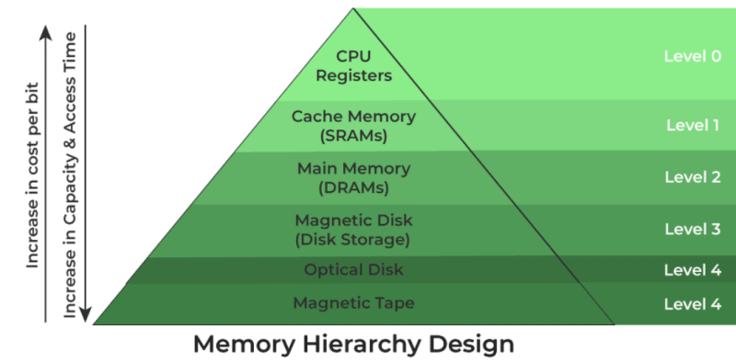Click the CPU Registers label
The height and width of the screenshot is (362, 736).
[354, 67]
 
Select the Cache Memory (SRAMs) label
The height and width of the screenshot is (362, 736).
[354, 126]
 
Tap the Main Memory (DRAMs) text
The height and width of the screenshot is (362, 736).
[354, 178]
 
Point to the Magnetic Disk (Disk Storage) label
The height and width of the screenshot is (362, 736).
[354, 230]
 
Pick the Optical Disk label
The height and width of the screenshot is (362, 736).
[354, 270]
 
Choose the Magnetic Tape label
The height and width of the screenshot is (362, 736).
[354, 302]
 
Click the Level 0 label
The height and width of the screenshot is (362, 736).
[692, 56]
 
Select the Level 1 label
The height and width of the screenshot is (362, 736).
[692, 124]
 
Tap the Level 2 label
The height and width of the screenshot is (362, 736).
[692, 177]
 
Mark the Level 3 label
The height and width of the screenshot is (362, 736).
[692, 229]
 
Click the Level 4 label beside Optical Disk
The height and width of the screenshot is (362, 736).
[692, 270]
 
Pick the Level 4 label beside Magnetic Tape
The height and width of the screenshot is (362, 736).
[692, 302]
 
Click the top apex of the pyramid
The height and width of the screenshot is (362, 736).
[353, 10]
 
